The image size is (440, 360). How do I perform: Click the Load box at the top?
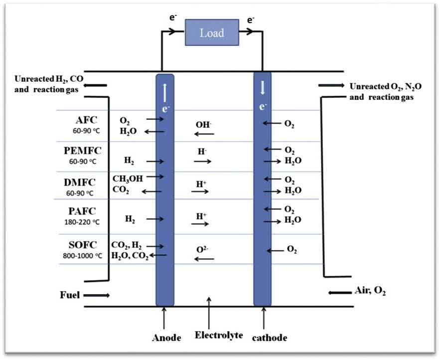pos(211,33)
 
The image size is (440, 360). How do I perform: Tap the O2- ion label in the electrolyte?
pos(204,248)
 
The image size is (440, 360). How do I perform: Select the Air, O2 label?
pos(369,291)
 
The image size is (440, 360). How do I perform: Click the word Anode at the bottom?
pos(166,338)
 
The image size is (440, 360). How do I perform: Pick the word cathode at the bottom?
pos(270,338)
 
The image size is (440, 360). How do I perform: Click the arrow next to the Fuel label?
pos(98,296)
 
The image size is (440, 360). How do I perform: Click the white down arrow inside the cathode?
pos(263,88)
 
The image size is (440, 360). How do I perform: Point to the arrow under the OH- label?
pos(204,134)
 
